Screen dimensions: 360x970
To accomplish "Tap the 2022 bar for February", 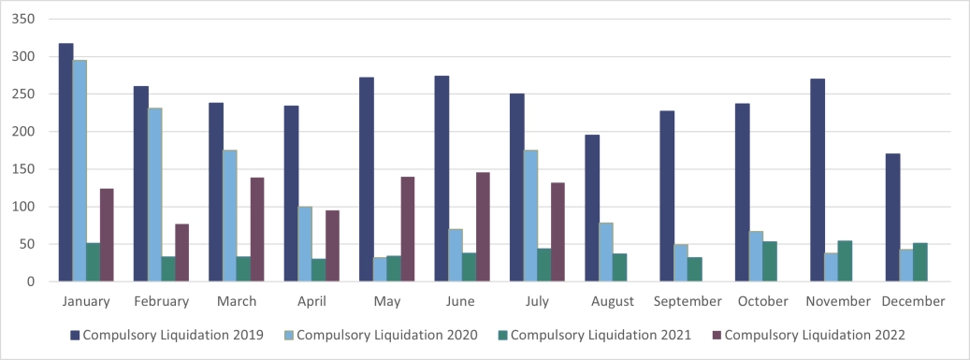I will coord(181,252).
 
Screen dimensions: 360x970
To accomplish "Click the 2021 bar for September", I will coord(694,268).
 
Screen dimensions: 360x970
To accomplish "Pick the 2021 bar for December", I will coord(919,262).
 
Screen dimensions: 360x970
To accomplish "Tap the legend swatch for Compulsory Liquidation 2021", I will coord(503,334).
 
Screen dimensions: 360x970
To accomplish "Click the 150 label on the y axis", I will coord(25,169).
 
